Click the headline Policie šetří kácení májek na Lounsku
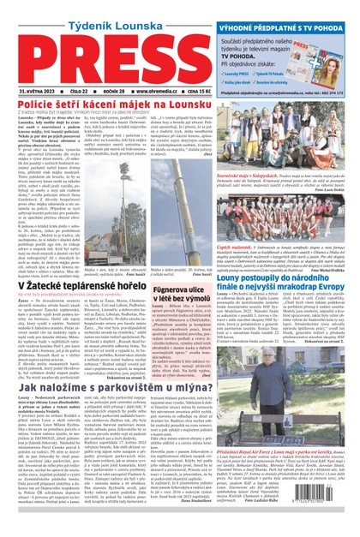coord(102,104)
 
